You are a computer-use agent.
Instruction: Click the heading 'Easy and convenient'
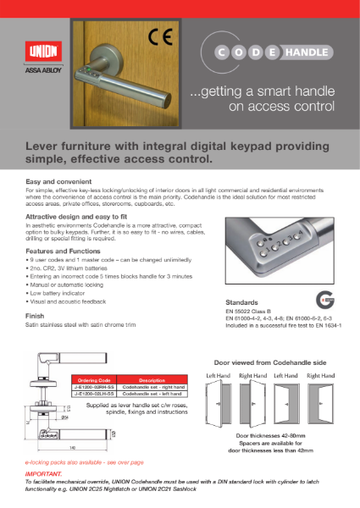point(53,182)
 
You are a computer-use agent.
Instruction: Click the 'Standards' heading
point(242,301)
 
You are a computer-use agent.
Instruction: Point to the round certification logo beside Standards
point(324,300)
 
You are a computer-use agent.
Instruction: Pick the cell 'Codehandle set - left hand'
point(140,395)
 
